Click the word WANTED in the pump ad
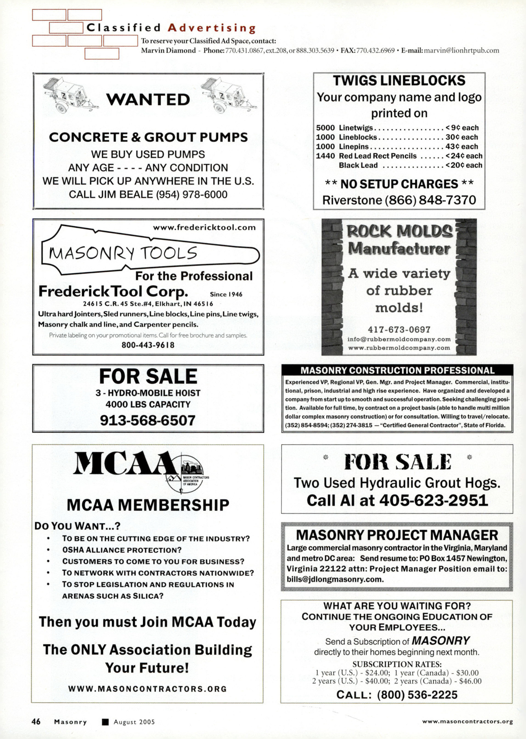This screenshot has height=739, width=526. pos(148,100)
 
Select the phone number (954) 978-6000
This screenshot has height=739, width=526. pos(191,195)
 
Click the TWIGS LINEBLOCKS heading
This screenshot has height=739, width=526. pos(399,81)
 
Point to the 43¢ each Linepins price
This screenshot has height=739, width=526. pos(462,146)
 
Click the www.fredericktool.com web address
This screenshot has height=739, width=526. pos(204,227)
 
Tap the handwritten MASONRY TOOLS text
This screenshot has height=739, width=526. pos(123,253)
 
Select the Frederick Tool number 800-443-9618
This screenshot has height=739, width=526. pos(148,345)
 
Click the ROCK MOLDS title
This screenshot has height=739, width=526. pos(399,231)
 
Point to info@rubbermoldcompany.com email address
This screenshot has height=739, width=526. pos(399,339)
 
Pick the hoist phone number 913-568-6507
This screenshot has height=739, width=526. pos(148,421)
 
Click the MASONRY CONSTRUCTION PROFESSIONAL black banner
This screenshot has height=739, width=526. pos(397,370)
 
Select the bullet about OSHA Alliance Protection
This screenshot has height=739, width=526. pos(122,550)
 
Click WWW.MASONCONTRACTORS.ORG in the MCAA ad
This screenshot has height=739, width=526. pos(148,689)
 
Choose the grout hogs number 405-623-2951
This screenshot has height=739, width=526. pos(433,500)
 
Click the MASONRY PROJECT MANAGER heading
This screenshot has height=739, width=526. pos(397,535)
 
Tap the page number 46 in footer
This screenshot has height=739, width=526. pos(36,721)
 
